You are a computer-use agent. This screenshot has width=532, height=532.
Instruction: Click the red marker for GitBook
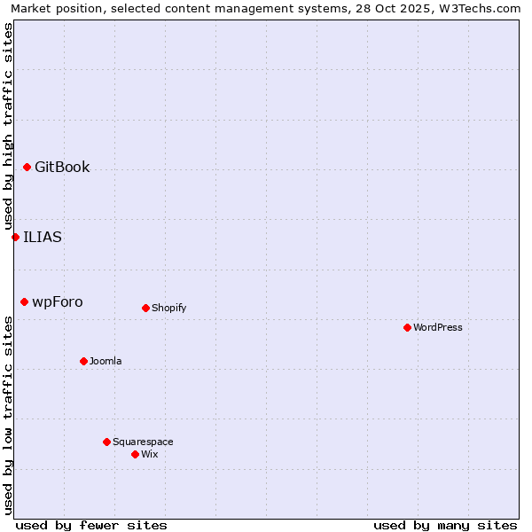(x=27, y=167)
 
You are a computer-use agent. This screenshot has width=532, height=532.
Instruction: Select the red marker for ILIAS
(x=15, y=237)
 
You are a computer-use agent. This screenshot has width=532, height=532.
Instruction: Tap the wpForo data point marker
(x=24, y=301)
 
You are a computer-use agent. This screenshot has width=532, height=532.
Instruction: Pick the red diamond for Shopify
(x=145, y=308)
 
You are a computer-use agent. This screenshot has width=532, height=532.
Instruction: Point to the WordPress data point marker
(x=407, y=327)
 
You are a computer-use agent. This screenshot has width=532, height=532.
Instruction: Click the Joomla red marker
(x=83, y=361)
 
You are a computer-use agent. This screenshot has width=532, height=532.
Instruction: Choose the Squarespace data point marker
(x=106, y=442)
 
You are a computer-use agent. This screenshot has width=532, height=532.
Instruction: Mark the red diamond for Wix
(x=135, y=454)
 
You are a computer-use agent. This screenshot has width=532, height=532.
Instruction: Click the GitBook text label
(x=62, y=167)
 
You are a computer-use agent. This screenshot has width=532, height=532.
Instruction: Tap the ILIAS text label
(x=43, y=237)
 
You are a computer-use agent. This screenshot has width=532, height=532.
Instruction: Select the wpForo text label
(x=58, y=301)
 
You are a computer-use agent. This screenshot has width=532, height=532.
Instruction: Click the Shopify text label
(x=169, y=308)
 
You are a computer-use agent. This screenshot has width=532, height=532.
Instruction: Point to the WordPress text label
(x=438, y=327)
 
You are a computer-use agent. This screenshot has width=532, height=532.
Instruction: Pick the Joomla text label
(x=106, y=361)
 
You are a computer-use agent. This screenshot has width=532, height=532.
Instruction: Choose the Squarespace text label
(x=143, y=442)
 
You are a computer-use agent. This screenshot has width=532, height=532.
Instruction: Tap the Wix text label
(x=150, y=454)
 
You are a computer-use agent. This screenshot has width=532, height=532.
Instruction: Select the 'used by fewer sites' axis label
(x=91, y=525)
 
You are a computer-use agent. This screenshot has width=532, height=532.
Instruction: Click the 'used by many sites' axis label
(x=445, y=525)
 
